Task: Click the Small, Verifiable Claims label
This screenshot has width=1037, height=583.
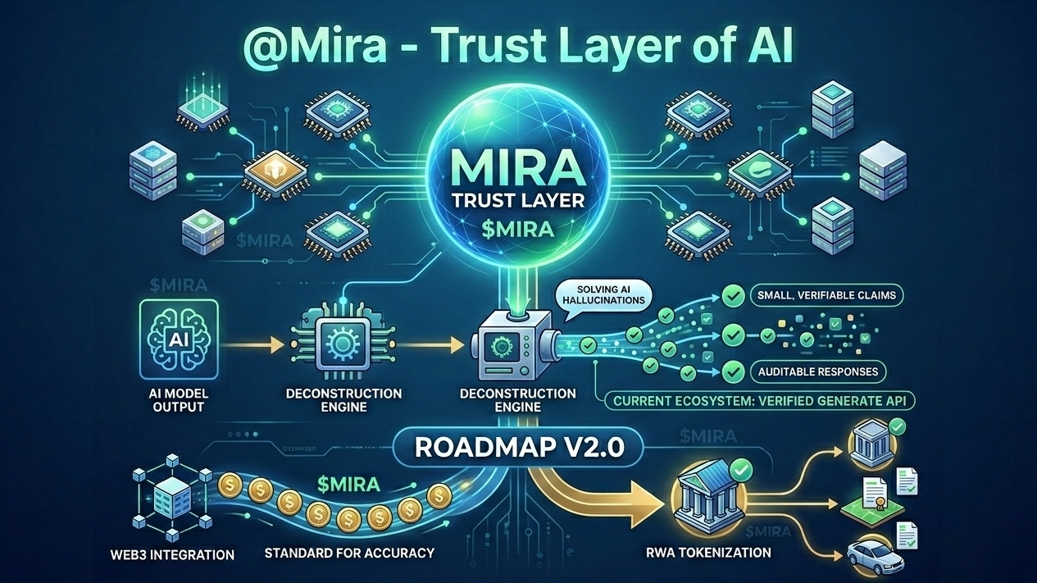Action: pyautogui.click(x=826, y=294)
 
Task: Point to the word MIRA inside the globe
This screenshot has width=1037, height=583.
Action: pyautogui.click(x=517, y=170)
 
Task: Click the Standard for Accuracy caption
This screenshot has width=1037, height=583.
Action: pyautogui.click(x=348, y=553)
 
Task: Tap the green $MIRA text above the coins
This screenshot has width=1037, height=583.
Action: pyautogui.click(x=348, y=484)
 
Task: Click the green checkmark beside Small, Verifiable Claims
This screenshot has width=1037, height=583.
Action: pyautogui.click(x=733, y=295)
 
